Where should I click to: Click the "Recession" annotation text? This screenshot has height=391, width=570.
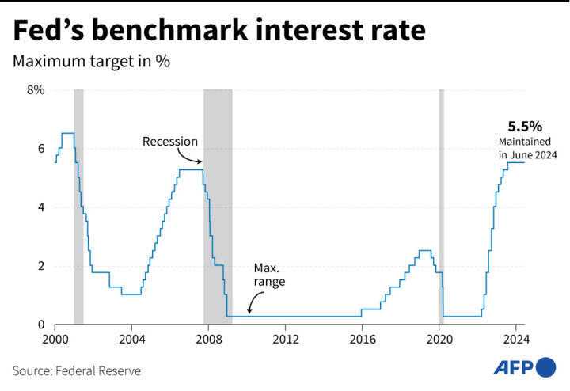(169, 142)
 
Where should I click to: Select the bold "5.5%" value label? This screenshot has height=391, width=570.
(525, 126)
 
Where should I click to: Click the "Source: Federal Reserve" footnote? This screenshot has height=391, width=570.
(76, 370)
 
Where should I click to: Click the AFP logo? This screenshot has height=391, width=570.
(525, 367)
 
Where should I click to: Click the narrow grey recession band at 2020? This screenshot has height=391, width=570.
(442, 206)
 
